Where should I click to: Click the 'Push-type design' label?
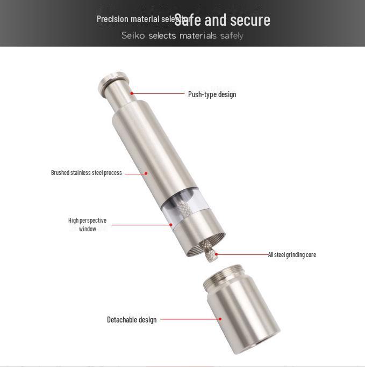point(212,94)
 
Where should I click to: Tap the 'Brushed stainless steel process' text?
point(87,173)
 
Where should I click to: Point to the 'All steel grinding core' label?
point(292,255)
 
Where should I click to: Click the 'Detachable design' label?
point(132,320)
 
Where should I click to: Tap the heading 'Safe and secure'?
point(223,20)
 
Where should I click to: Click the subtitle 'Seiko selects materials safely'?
point(182,36)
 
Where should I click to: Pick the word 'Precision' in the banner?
point(112,19)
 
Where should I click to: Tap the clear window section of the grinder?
point(185,209)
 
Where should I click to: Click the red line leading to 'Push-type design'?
point(159,94)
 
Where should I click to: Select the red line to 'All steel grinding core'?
point(242,254)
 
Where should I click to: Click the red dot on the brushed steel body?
point(146,173)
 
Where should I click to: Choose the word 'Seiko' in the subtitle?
point(133,36)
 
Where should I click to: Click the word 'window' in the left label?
point(88,229)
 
